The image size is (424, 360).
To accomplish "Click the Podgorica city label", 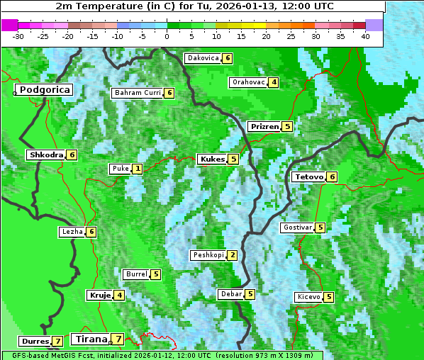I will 44,90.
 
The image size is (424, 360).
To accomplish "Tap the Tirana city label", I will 91,339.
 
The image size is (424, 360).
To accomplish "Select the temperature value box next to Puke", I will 137,169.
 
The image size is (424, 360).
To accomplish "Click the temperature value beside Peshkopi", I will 232,255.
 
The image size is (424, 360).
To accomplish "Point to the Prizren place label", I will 264,127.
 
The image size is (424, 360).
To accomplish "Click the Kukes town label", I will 212,159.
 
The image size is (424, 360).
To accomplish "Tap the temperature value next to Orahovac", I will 274,82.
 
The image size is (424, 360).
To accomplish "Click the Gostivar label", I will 297,227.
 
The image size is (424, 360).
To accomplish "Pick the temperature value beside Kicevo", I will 328,297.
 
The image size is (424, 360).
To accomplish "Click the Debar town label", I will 231,294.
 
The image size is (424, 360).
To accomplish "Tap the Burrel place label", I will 136,274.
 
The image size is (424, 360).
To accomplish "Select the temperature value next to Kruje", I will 120,296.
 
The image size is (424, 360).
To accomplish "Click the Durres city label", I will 35,342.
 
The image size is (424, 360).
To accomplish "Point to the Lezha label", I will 72,232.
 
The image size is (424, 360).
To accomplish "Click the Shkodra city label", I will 46,154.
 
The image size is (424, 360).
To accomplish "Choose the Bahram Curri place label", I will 138,93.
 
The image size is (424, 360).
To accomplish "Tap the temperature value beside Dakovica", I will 227,58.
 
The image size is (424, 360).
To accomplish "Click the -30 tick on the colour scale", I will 18,36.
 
